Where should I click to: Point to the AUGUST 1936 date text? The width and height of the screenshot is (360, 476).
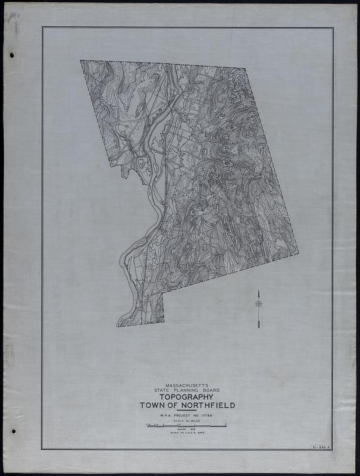[186, 430]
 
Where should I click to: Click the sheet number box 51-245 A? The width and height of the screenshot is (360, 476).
[320, 446]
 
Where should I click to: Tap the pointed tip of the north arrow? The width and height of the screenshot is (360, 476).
[259, 290]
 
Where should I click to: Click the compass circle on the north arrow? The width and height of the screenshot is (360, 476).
[259, 304]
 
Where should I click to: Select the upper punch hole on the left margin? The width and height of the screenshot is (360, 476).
[12, 55]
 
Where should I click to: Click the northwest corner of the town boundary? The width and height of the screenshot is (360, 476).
[81, 61]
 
